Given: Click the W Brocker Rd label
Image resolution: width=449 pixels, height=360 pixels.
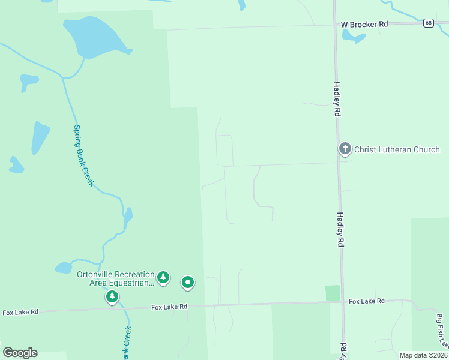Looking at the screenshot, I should coord(365,24).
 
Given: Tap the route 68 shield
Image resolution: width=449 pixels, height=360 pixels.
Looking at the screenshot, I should coord(427,23).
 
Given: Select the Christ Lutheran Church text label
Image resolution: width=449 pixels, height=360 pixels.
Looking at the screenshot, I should coord(397,149).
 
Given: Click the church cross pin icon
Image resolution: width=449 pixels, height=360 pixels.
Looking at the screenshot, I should coord(345,148).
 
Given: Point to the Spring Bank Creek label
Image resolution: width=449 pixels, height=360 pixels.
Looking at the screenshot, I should coord(83,155).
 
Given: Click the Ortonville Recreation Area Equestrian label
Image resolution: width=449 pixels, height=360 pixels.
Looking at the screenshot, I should coord(116,278).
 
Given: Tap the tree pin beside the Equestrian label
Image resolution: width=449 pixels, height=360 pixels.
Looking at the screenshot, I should coord(163,278).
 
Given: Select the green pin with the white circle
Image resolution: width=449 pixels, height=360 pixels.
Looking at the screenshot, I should coord(188,281).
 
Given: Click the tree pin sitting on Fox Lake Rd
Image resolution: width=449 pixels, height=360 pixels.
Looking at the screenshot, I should coord(112,296).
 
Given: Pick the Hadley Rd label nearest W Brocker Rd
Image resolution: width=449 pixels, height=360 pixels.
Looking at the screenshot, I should coord(337,99).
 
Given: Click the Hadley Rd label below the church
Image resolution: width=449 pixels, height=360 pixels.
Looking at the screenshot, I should coord(340,230).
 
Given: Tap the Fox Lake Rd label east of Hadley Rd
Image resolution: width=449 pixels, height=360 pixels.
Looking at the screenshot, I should coord(366,301).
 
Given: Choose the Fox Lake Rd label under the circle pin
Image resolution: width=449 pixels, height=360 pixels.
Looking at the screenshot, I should coord(169,307).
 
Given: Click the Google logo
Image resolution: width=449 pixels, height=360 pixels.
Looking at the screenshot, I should coord(20,353).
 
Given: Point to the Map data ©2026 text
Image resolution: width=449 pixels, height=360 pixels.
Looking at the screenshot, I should coord(423,355).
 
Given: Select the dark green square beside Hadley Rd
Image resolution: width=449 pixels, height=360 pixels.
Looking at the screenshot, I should coord(333,293).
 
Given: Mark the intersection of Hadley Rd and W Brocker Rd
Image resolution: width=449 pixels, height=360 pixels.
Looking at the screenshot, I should coord(334,25).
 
